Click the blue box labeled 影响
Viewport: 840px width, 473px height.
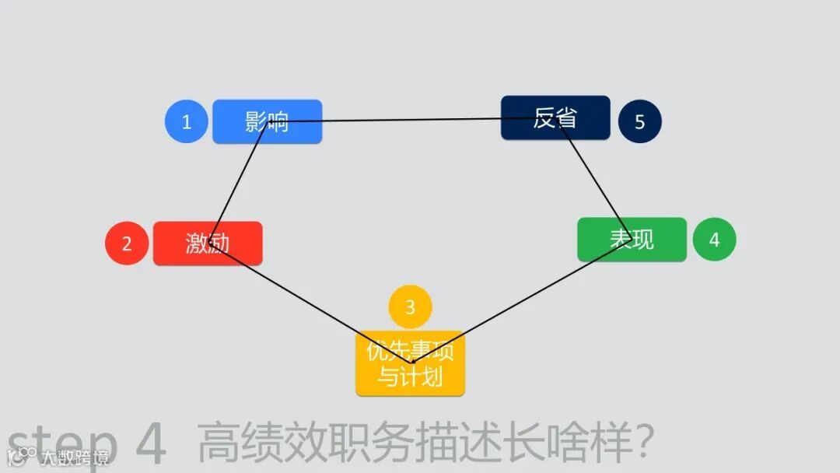pyautogui.click(x=267, y=121)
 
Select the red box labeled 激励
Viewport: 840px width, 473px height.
pyautogui.click(x=208, y=243)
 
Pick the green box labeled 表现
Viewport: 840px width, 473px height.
pyautogui.click(x=632, y=239)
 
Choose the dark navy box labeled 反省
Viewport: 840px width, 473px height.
pyautogui.click(x=555, y=117)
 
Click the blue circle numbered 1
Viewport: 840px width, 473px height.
pyautogui.click(x=186, y=121)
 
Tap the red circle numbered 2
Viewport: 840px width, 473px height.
pyautogui.click(x=127, y=244)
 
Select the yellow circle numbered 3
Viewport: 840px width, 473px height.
pyautogui.click(x=410, y=307)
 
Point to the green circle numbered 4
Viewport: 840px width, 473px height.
pyautogui.click(x=714, y=240)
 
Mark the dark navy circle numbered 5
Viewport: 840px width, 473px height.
pyautogui.click(x=640, y=121)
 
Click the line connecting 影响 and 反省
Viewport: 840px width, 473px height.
pyautogui.click(x=412, y=120)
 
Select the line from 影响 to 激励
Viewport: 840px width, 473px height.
pyautogui.click(x=238, y=182)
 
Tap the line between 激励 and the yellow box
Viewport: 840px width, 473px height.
pyautogui.click(x=311, y=304)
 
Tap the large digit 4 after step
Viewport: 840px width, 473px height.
pyautogui.click(x=152, y=445)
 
